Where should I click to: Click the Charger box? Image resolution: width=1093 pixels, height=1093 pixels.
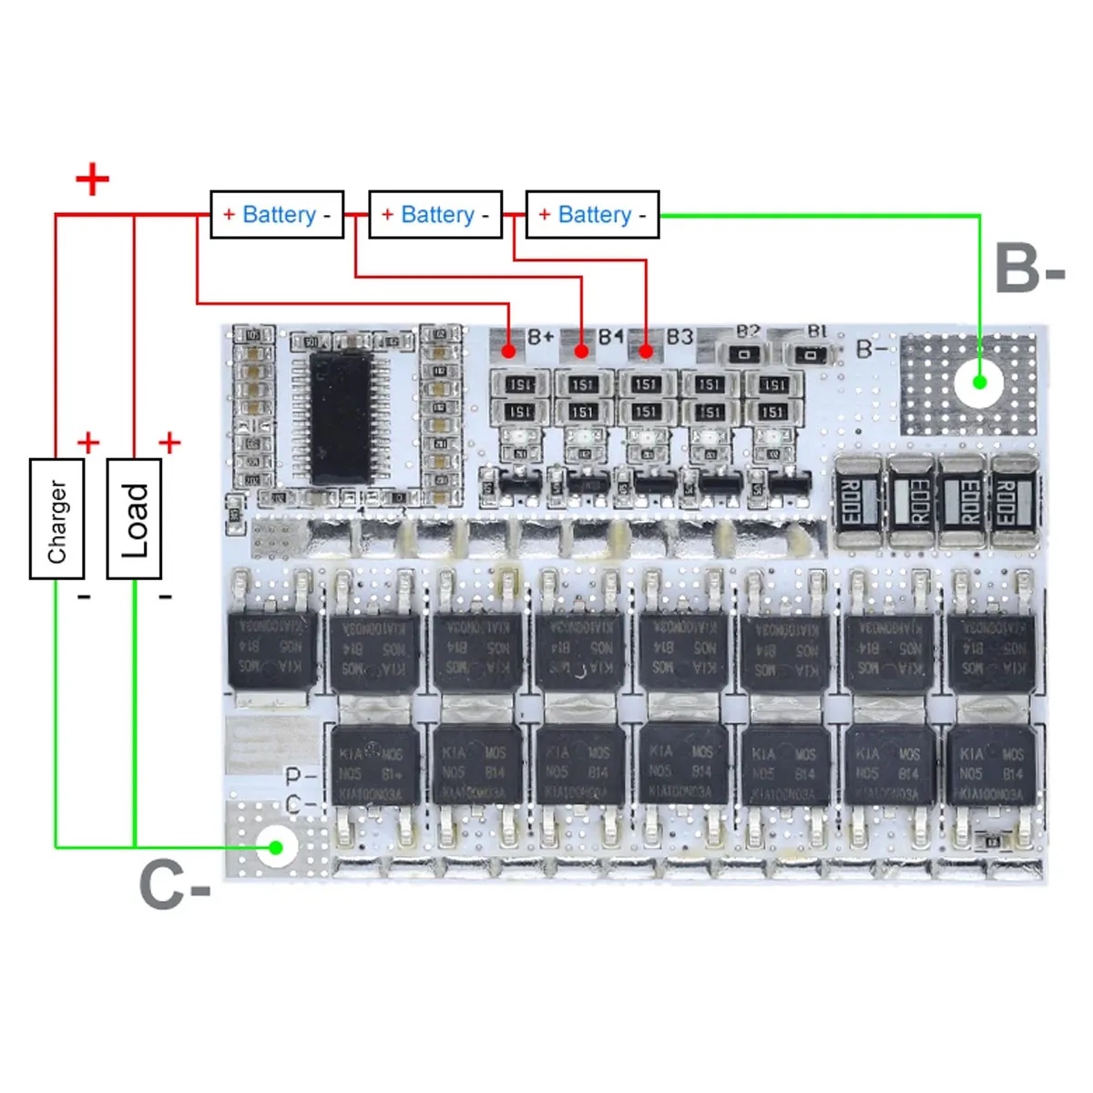(56, 518)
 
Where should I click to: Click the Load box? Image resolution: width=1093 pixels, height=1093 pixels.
(134, 518)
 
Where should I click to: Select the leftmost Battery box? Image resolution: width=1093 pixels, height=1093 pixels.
(277, 215)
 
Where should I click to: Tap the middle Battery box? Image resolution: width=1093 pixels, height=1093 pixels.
(435, 215)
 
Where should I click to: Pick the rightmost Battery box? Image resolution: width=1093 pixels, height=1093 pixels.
(593, 215)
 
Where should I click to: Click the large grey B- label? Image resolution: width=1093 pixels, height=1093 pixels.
(1029, 268)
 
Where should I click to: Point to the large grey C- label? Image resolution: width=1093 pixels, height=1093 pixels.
(174, 884)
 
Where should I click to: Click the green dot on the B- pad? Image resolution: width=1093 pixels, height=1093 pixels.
(979, 382)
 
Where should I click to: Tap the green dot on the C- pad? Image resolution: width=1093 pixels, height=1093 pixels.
(275, 847)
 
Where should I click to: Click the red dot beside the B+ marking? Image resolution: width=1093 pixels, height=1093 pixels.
(508, 351)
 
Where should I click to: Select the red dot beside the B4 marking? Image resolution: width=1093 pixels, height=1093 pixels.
(580, 351)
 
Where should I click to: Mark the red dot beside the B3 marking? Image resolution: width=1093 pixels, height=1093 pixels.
(646, 351)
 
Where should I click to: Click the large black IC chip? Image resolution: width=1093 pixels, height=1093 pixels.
(341, 418)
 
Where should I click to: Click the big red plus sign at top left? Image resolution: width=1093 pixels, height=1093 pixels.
(92, 179)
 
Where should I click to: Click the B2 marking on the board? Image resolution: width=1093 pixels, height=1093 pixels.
(748, 332)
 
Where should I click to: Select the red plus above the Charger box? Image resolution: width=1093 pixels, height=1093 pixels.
(88, 443)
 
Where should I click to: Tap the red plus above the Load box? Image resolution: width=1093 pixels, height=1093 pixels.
(169, 443)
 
